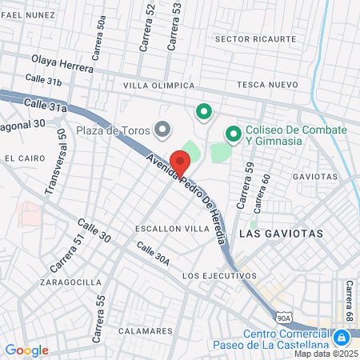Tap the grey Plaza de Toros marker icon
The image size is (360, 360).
[x=163, y=128]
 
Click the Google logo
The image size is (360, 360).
[x=26, y=350]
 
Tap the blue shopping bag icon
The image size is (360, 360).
[x=342, y=338]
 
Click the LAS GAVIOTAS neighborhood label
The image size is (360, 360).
[x=281, y=234]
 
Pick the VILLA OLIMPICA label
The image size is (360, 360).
[x=158, y=85]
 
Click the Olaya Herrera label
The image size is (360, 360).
[x=62, y=64]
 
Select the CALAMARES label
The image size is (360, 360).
[x=145, y=330]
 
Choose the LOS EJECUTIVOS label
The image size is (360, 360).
[x=219, y=275]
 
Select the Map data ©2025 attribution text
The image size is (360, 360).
[x=326, y=354]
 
